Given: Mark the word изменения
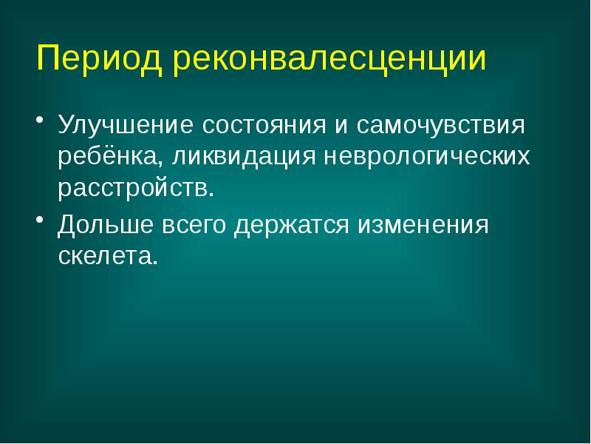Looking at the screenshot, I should tap(423, 223).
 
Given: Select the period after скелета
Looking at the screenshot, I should tap(155, 261).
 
